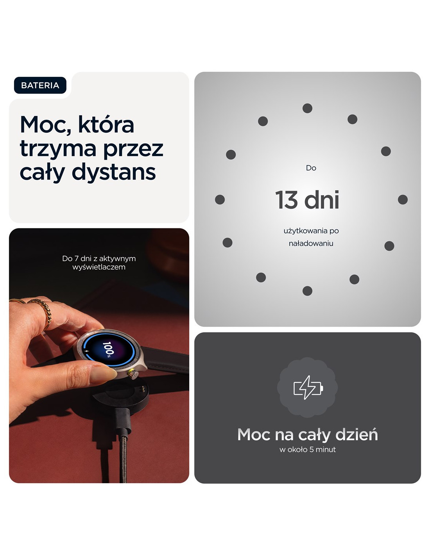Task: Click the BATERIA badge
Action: pyautogui.click(x=40, y=85)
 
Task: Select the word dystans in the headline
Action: pyautogui.click(x=114, y=173)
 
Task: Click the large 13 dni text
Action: pyautogui.click(x=307, y=200)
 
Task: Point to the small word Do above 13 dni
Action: pyautogui.click(x=311, y=168)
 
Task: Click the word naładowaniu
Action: pyautogui.click(x=311, y=244)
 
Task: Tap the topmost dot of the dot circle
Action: pyautogui.click(x=307, y=108)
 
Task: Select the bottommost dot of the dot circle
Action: pyautogui.click(x=307, y=291)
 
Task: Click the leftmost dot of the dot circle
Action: pyautogui.click(x=220, y=199)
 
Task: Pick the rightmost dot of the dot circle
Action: pyautogui.click(x=403, y=199)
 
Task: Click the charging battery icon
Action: pyautogui.click(x=308, y=388)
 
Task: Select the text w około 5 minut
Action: pyautogui.click(x=308, y=450)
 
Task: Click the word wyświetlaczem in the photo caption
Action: pyautogui.click(x=99, y=267)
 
